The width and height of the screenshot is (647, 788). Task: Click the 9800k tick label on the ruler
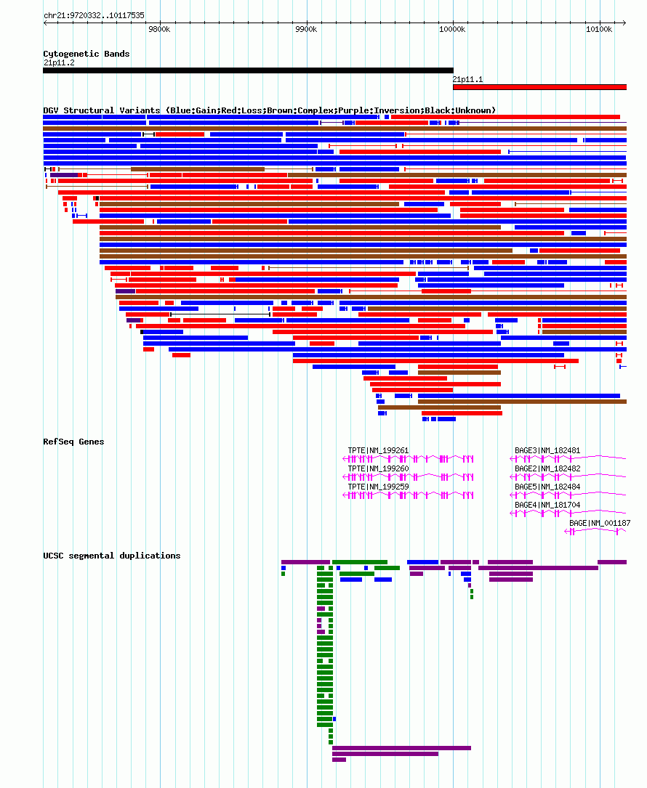point(159,29)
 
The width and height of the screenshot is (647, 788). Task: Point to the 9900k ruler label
point(306,29)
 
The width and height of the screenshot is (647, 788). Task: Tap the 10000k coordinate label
point(451,29)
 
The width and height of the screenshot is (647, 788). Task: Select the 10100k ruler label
point(599,29)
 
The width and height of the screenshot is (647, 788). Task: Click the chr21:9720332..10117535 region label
point(94,15)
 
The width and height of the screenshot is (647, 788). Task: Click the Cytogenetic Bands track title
point(86,54)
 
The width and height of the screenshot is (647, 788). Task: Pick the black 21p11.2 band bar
point(248,70)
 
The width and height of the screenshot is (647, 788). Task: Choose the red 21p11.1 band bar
point(539,87)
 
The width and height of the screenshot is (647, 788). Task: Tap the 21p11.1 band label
point(467,79)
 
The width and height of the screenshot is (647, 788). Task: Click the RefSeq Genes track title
point(73,442)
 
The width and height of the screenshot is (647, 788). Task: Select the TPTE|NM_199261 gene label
point(378,450)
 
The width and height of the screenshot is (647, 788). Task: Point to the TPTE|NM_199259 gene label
point(378,487)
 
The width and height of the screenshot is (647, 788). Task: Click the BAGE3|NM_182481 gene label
point(547,450)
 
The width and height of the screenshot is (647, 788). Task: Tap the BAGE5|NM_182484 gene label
point(547,487)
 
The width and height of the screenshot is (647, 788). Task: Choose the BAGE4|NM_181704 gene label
point(547,505)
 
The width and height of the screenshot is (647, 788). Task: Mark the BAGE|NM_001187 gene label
point(600,523)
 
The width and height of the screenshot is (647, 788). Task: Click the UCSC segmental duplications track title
point(112,556)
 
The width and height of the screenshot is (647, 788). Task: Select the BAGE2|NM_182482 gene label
point(547,468)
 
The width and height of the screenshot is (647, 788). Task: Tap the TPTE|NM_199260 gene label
point(378,468)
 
